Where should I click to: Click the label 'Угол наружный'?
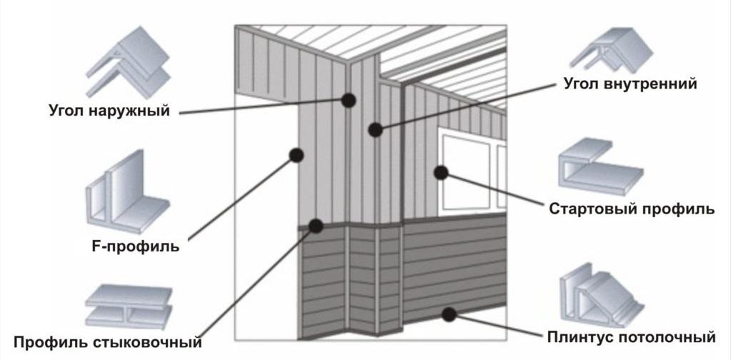point(109,111)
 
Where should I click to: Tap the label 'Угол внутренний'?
point(630,84)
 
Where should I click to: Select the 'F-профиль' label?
point(136,246)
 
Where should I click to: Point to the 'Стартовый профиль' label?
point(632,209)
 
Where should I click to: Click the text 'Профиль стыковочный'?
point(108,343)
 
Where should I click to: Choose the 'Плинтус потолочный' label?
point(631,336)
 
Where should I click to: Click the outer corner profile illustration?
point(128,62)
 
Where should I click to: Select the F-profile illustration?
point(126,192)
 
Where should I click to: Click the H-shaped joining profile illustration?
point(129,306)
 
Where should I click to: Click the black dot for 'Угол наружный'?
point(348,100)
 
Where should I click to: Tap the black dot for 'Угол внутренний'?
point(375,129)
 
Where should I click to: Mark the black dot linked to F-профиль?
point(297,154)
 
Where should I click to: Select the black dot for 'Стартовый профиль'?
point(441,173)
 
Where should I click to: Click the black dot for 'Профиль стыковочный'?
point(316,226)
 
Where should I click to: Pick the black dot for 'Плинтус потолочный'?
point(449,314)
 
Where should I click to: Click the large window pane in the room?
point(466,172)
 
